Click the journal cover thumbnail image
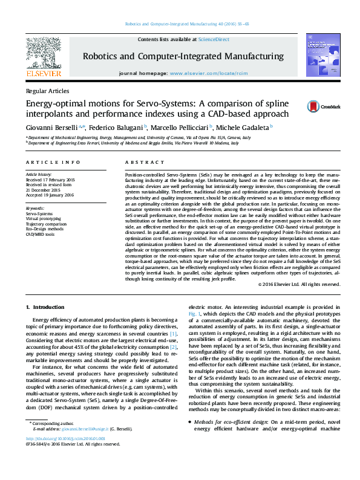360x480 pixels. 319,56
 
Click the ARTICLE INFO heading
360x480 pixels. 54,163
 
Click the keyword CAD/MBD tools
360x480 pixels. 40,235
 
